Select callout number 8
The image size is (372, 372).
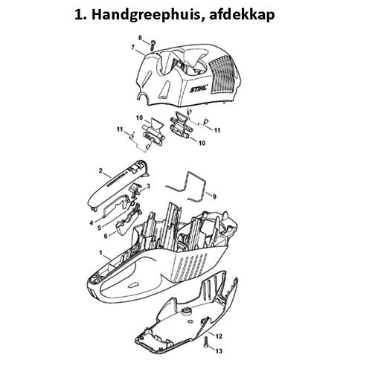140,37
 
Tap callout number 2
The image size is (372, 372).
100,172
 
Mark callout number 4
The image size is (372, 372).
92,222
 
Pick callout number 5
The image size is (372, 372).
99,228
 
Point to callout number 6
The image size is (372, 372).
106,236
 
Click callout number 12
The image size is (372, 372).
218,337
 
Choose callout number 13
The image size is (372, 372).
218,349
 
